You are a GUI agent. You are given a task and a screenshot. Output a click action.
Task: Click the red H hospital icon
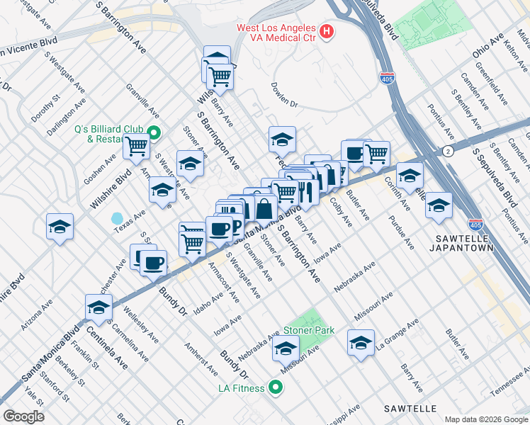tap(327, 31)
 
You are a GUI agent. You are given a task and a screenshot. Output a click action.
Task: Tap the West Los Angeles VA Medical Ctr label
tap(276, 32)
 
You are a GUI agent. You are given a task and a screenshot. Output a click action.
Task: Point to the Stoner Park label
tap(308, 330)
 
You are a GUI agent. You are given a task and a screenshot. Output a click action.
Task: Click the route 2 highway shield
tap(448, 151)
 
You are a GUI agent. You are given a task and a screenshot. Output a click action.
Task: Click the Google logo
tap(23, 416)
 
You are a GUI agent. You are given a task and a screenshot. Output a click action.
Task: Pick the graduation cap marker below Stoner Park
tap(286, 348)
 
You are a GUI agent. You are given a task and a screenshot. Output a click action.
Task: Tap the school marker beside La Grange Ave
tap(361, 344)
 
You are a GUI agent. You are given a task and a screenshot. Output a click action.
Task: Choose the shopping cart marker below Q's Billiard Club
tap(135, 146)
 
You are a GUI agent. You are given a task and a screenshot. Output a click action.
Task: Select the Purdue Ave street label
tap(400, 234)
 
